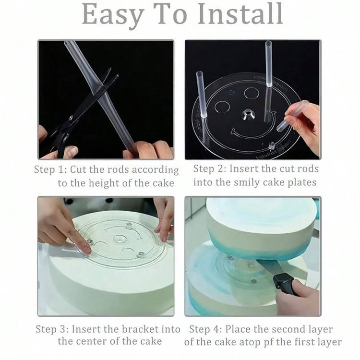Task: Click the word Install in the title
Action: click(240, 14)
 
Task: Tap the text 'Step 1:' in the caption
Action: click(50, 169)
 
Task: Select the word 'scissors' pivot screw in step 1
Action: click(71, 118)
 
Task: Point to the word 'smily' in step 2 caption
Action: click(247, 182)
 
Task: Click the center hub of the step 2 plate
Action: click(249, 115)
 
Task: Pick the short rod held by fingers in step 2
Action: click(292, 116)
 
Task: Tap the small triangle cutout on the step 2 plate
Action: click(232, 93)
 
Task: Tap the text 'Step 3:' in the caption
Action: click(52, 329)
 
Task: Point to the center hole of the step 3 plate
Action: click(120, 239)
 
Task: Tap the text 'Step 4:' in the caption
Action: click(205, 329)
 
